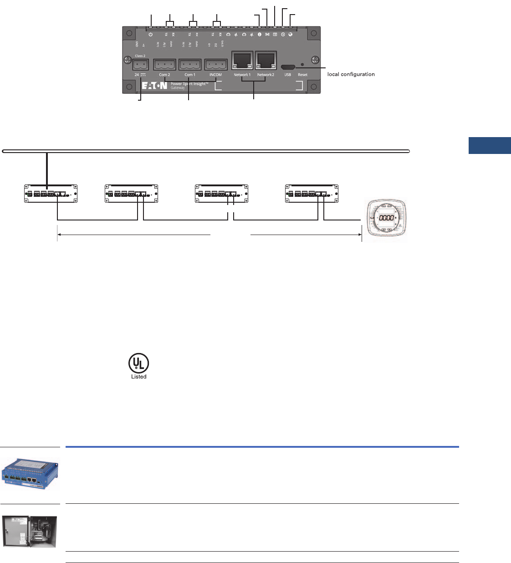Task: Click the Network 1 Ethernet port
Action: click(242, 61)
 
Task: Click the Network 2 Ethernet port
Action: click(266, 61)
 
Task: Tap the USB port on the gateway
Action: click(288, 66)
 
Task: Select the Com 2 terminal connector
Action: click(164, 64)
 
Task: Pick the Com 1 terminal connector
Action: click(190, 64)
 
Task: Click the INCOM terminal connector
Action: click(215, 64)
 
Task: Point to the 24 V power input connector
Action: click(140, 64)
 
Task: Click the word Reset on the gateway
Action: click(302, 75)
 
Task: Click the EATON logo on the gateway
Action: click(154, 86)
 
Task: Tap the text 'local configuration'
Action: click(351, 74)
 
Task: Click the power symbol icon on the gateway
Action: click(151, 34)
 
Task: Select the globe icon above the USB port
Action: click(291, 34)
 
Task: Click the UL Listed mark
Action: click(138, 367)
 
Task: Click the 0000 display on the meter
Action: click(386, 218)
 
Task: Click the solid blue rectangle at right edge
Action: click(490, 145)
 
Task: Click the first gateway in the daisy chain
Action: click(51, 194)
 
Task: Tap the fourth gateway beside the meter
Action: click(312, 194)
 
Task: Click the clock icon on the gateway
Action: click(283, 34)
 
